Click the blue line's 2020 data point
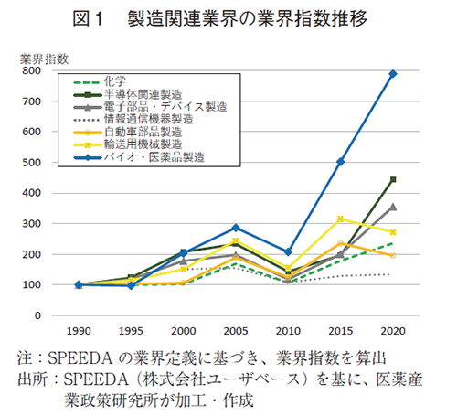pos(393,73)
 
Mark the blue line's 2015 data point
pos(341,162)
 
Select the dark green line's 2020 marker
pos(393,179)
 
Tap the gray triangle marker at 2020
pos(393,207)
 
